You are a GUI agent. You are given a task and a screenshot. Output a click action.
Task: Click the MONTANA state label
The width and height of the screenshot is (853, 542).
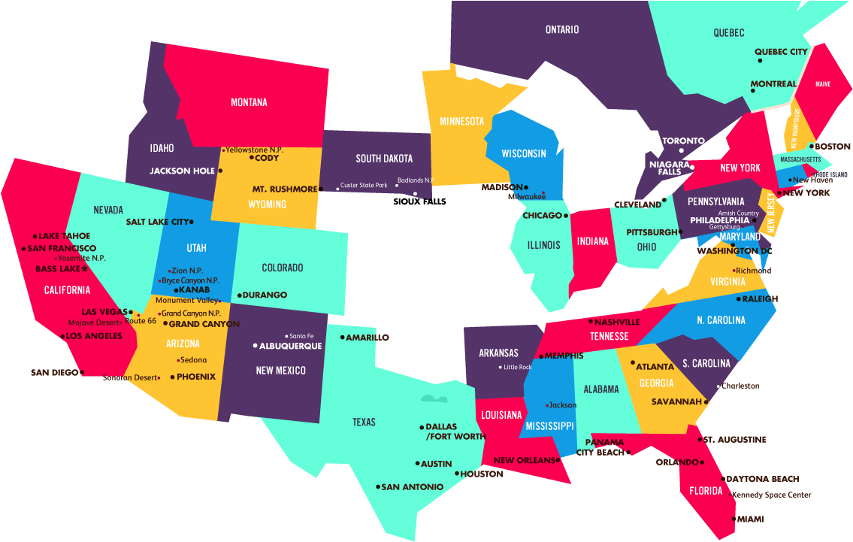[x=248, y=102]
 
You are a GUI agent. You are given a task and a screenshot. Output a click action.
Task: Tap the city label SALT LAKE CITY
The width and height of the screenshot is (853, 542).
[x=157, y=222]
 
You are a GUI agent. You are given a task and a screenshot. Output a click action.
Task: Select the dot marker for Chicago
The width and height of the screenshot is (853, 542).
[x=566, y=216]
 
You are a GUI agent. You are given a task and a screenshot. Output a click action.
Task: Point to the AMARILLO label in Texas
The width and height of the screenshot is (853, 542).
[x=368, y=338]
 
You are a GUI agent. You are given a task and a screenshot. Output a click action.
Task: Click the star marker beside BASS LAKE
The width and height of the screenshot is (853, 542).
[x=85, y=268]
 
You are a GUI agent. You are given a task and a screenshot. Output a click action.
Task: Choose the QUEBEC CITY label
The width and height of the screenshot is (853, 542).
[x=781, y=52]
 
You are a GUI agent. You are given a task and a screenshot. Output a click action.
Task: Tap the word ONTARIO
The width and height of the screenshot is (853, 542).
[x=562, y=30]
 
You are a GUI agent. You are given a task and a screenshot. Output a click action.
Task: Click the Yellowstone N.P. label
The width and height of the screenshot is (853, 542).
[x=254, y=150]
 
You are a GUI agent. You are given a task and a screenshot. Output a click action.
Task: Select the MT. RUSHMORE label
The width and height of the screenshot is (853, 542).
[x=284, y=189]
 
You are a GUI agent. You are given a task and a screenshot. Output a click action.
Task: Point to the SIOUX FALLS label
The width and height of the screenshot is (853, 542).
[x=419, y=201]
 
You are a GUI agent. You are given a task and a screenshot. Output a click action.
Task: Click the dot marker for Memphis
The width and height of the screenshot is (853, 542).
[x=540, y=356]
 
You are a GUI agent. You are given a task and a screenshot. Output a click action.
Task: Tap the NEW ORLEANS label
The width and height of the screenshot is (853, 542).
[x=524, y=460]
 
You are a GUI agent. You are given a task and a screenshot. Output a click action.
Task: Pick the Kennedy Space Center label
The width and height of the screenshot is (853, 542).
[x=771, y=495]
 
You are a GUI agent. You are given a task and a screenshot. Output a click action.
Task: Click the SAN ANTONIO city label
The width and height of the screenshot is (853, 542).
[x=412, y=486]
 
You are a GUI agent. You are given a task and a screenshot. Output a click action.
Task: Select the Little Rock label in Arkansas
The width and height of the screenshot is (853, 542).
[x=518, y=367]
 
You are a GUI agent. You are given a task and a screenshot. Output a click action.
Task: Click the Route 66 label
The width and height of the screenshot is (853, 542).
[x=141, y=321]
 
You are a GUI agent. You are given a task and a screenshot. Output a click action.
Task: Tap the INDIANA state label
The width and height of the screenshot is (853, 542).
[x=593, y=242]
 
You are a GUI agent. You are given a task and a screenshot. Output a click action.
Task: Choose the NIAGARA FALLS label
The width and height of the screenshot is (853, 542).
[x=669, y=168]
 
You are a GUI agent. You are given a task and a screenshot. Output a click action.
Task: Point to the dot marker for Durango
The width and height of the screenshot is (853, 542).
[x=239, y=295]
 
